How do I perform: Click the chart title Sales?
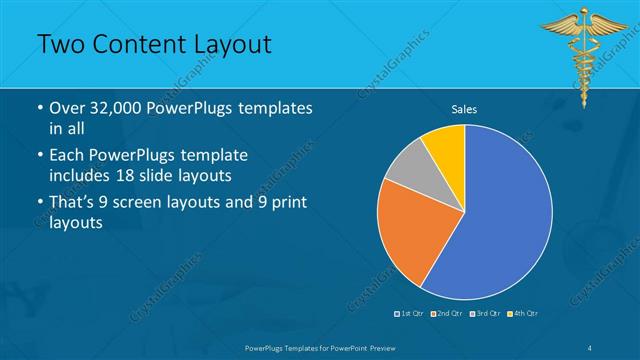[464, 108]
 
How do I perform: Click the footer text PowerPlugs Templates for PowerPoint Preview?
[319, 347]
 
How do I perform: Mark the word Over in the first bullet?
[68, 108]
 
